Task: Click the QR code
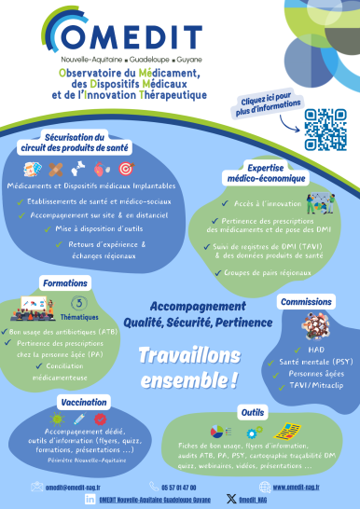click(x=325, y=130)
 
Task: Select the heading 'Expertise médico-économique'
click(x=258, y=174)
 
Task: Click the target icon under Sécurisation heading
click(x=126, y=169)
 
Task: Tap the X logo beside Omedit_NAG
click(x=230, y=500)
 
